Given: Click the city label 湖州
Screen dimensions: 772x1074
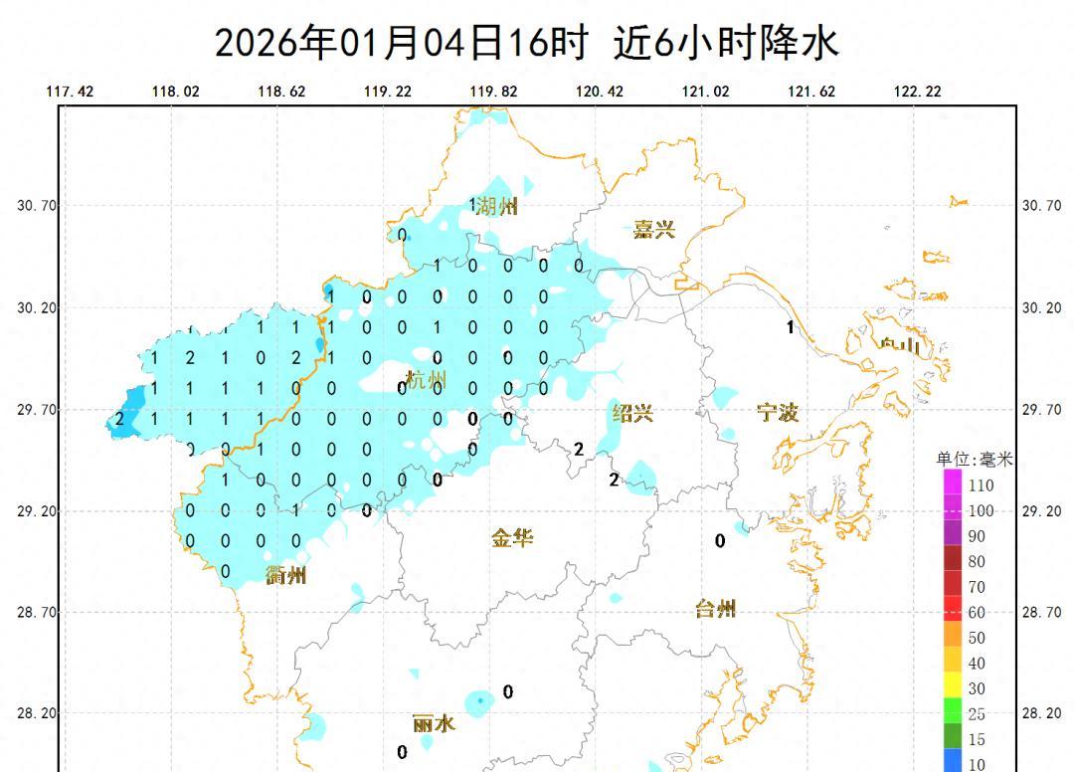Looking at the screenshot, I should pyautogui.click(x=496, y=207).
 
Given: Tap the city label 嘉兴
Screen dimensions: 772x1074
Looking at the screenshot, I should pyautogui.click(x=654, y=230).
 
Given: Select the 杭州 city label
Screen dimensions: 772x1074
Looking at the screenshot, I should pyautogui.click(x=426, y=380).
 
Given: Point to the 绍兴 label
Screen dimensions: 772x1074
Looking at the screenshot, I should pyautogui.click(x=632, y=413).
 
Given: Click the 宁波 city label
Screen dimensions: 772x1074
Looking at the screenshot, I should pyautogui.click(x=779, y=413).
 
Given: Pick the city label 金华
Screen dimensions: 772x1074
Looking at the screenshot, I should pyautogui.click(x=512, y=538).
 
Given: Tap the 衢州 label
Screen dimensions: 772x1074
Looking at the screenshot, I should pyautogui.click(x=286, y=575).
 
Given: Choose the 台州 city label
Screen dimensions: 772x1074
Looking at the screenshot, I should pyautogui.click(x=715, y=609).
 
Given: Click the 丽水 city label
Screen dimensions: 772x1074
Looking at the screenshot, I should pyautogui.click(x=435, y=723).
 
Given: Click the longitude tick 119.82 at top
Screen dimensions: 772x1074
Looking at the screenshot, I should pyautogui.click(x=494, y=92).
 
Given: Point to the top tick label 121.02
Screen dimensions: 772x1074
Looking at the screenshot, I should pyautogui.click(x=705, y=92).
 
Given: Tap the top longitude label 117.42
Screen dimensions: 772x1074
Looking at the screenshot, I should pyautogui.click(x=70, y=92).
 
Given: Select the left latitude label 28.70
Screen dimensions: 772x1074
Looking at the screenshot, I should pyautogui.click(x=38, y=613).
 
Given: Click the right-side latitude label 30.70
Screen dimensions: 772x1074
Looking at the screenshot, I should pyautogui.click(x=1041, y=206).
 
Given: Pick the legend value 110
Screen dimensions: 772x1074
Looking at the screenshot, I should pyautogui.click(x=981, y=485).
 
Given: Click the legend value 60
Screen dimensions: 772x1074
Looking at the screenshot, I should pyautogui.click(x=977, y=613).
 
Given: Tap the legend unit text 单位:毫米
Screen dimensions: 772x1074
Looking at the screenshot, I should pyautogui.click(x=974, y=460).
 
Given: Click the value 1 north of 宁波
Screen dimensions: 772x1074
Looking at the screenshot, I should pyautogui.click(x=791, y=327).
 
